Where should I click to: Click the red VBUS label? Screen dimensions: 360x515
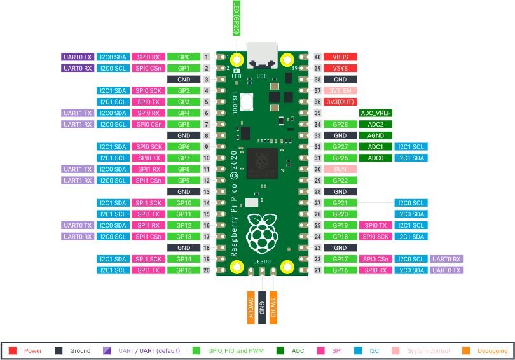(340, 57)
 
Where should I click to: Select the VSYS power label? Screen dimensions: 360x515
(340, 68)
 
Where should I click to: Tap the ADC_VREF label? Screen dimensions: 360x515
(375, 113)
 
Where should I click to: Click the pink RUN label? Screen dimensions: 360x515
(340, 169)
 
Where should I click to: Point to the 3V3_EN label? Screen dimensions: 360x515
(340, 90)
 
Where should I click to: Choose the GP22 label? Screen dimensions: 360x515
(340, 180)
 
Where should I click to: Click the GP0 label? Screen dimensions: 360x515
(184, 57)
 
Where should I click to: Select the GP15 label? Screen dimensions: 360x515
(184, 270)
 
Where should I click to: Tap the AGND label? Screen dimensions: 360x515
(375, 135)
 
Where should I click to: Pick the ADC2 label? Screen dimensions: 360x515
(375, 124)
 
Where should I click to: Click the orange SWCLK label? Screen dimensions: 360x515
(251, 308)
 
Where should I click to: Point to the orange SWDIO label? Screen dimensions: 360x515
(273, 308)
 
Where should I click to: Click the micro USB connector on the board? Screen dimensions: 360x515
(262, 56)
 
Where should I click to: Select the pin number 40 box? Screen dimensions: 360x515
(317, 57)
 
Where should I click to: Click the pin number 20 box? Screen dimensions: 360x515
(207, 270)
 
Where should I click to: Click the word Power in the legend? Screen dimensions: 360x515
(32, 350)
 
